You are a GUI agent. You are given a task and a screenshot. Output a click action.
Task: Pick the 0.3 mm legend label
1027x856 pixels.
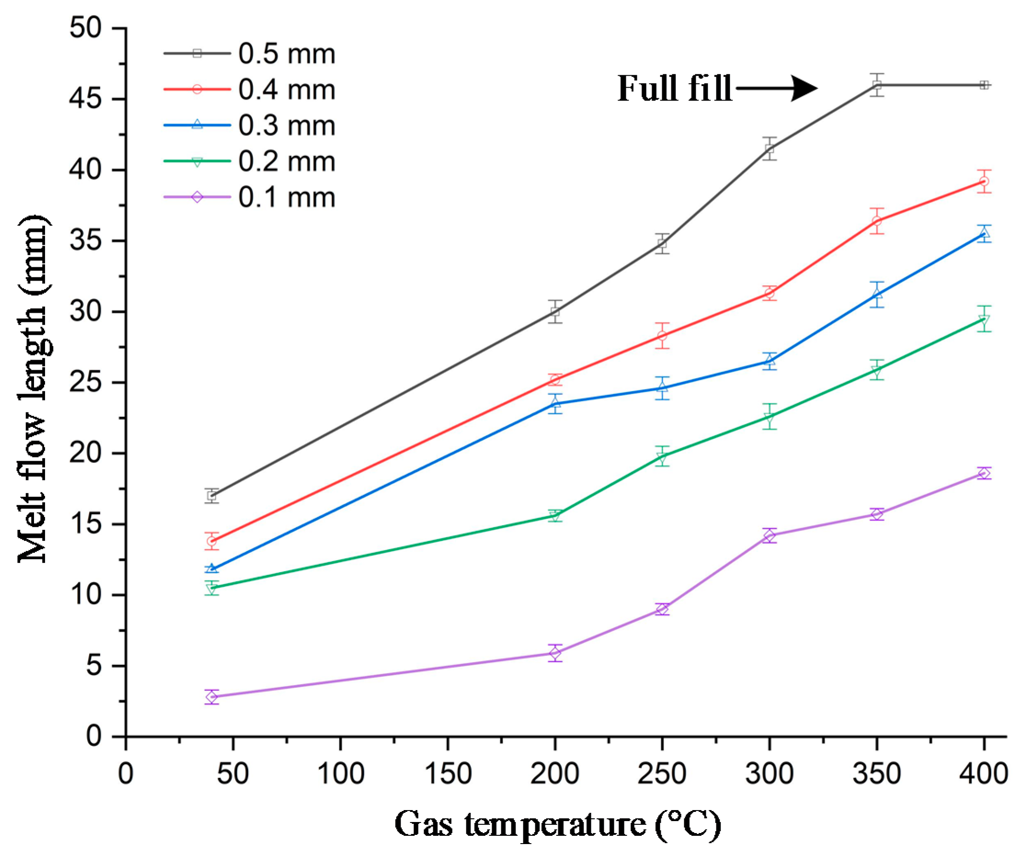[287, 126]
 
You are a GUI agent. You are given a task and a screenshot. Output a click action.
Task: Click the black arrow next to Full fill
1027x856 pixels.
[777, 89]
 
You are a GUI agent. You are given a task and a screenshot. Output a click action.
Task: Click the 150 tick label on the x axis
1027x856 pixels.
[448, 774]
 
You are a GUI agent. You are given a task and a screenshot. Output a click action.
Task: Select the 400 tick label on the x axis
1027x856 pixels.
[983, 774]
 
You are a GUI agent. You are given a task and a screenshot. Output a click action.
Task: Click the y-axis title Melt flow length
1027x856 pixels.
[33, 389]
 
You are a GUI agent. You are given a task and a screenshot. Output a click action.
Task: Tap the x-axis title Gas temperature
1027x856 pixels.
[557, 825]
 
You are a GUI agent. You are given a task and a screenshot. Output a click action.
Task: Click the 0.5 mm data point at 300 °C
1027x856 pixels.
[769, 149]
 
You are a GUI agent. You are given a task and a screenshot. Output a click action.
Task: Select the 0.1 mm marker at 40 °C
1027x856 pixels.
[212, 697]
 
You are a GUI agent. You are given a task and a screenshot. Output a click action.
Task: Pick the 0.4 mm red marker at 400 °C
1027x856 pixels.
[984, 181]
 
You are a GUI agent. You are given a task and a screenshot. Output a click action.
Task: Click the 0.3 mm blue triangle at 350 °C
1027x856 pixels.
[877, 294]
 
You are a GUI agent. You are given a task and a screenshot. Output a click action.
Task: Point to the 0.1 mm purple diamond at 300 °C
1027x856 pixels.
[769, 536]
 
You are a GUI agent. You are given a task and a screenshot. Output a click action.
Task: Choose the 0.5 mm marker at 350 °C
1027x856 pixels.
[877, 85]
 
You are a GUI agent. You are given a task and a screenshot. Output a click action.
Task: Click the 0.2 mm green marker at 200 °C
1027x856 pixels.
[555, 515]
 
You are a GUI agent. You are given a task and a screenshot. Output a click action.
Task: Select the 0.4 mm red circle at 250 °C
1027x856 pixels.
[662, 336]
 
